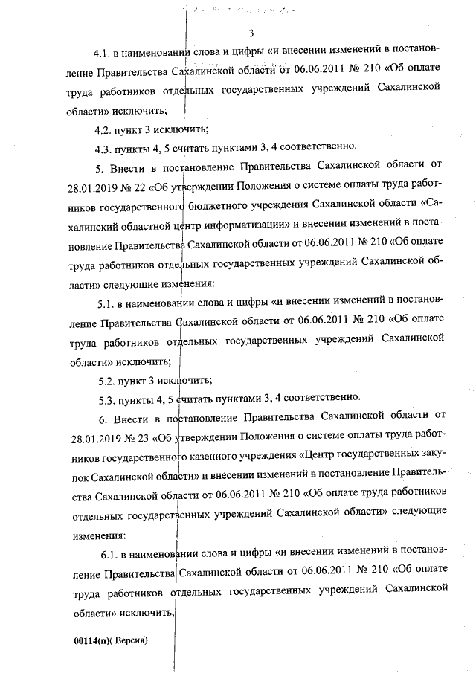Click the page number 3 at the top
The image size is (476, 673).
(x=252, y=33)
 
